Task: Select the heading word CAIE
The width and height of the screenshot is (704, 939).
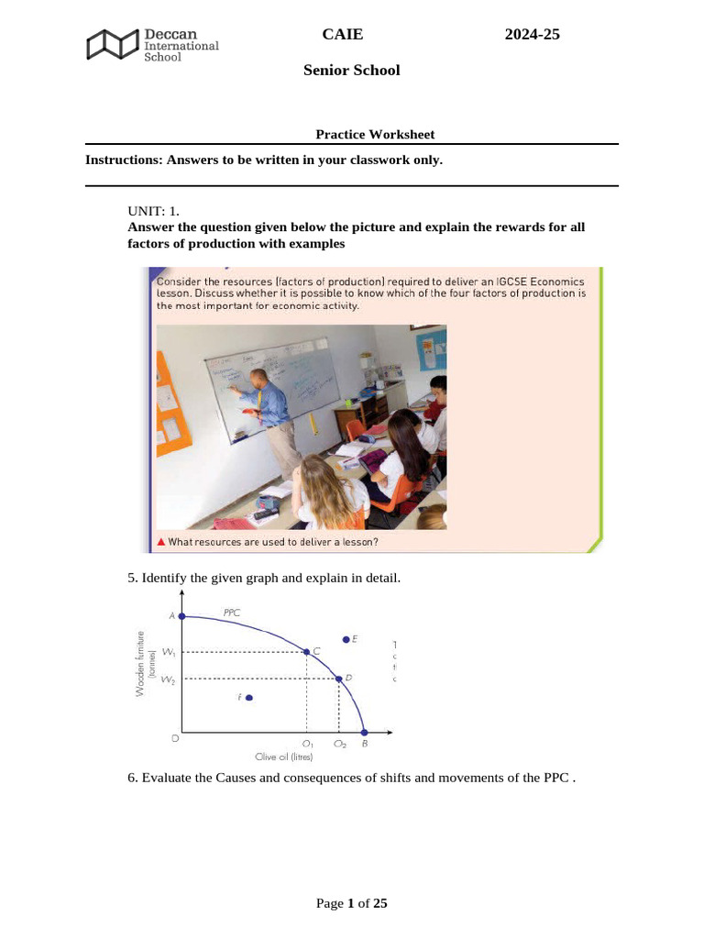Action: pyautogui.click(x=343, y=35)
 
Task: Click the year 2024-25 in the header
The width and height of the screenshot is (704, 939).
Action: pyautogui.click(x=532, y=35)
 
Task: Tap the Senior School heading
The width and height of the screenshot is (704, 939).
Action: pyautogui.click(x=352, y=71)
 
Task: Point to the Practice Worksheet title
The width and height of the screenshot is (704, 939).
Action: pyautogui.click(x=375, y=134)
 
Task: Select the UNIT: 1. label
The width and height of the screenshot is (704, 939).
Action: pyautogui.click(x=153, y=211)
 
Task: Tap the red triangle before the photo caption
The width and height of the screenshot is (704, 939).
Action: pyautogui.click(x=160, y=542)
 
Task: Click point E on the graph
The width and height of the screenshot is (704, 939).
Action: pyautogui.click(x=346, y=638)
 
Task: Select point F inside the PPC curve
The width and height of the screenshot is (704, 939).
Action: pyautogui.click(x=248, y=698)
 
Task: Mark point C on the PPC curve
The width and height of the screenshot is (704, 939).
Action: pyautogui.click(x=306, y=652)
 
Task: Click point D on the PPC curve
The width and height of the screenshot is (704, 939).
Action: pyautogui.click(x=339, y=679)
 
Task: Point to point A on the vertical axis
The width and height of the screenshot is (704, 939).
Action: pyautogui.click(x=181, y=616)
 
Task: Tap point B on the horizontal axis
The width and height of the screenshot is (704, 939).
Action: pyautogui.click(x=364, y=733)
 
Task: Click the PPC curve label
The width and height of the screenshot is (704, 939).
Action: pyautogui.click(x=232, y=612)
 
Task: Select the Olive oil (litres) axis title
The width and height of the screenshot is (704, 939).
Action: pyautogui.click(x=283, y=757)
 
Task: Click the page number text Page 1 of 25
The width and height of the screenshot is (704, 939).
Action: pyautogui.click(x=352, y=903)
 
